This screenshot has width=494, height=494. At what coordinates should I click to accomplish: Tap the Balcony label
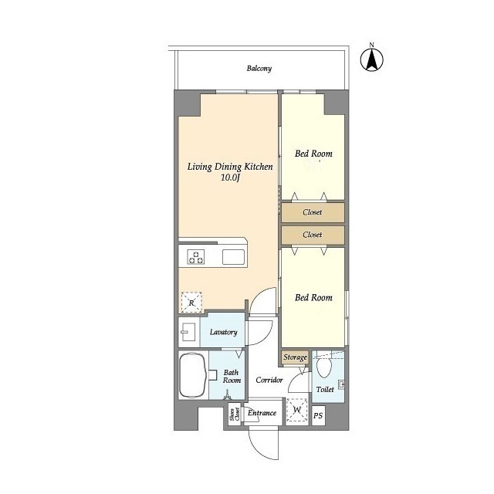[x=259, y=69]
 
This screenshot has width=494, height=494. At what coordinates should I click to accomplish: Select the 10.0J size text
[x=230, y=178]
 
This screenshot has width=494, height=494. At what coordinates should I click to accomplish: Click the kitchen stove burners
[x=196, y=257]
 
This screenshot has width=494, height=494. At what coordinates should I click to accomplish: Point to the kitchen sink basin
[x=233, y=257]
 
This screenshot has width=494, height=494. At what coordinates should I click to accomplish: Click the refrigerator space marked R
[x=191, y=303]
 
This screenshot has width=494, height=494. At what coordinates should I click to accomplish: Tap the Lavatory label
[x=223, y=332]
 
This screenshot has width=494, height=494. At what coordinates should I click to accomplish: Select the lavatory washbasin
[x=189, y=332]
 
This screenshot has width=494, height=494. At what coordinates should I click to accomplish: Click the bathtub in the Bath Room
[x=193, y=375]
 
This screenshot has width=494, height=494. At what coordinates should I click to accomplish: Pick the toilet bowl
[x=324, y=367]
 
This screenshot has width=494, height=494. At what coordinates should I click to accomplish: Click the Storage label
[x=295, y=357]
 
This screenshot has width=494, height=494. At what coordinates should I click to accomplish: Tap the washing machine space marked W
[x=296, y=410]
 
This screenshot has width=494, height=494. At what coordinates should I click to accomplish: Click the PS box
[x=318, y=416]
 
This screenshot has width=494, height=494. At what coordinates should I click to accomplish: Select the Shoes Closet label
[x=235, y=414]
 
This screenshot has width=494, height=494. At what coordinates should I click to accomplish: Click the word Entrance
[x=262, y=413]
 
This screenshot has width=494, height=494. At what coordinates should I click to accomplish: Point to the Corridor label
[x=269, y=381]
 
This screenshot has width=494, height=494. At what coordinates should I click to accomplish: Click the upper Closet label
[x=312, y=212]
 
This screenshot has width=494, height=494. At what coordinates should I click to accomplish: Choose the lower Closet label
[x=312, y=235]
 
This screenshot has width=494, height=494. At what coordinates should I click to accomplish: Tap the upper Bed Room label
[x=313, y=154]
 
